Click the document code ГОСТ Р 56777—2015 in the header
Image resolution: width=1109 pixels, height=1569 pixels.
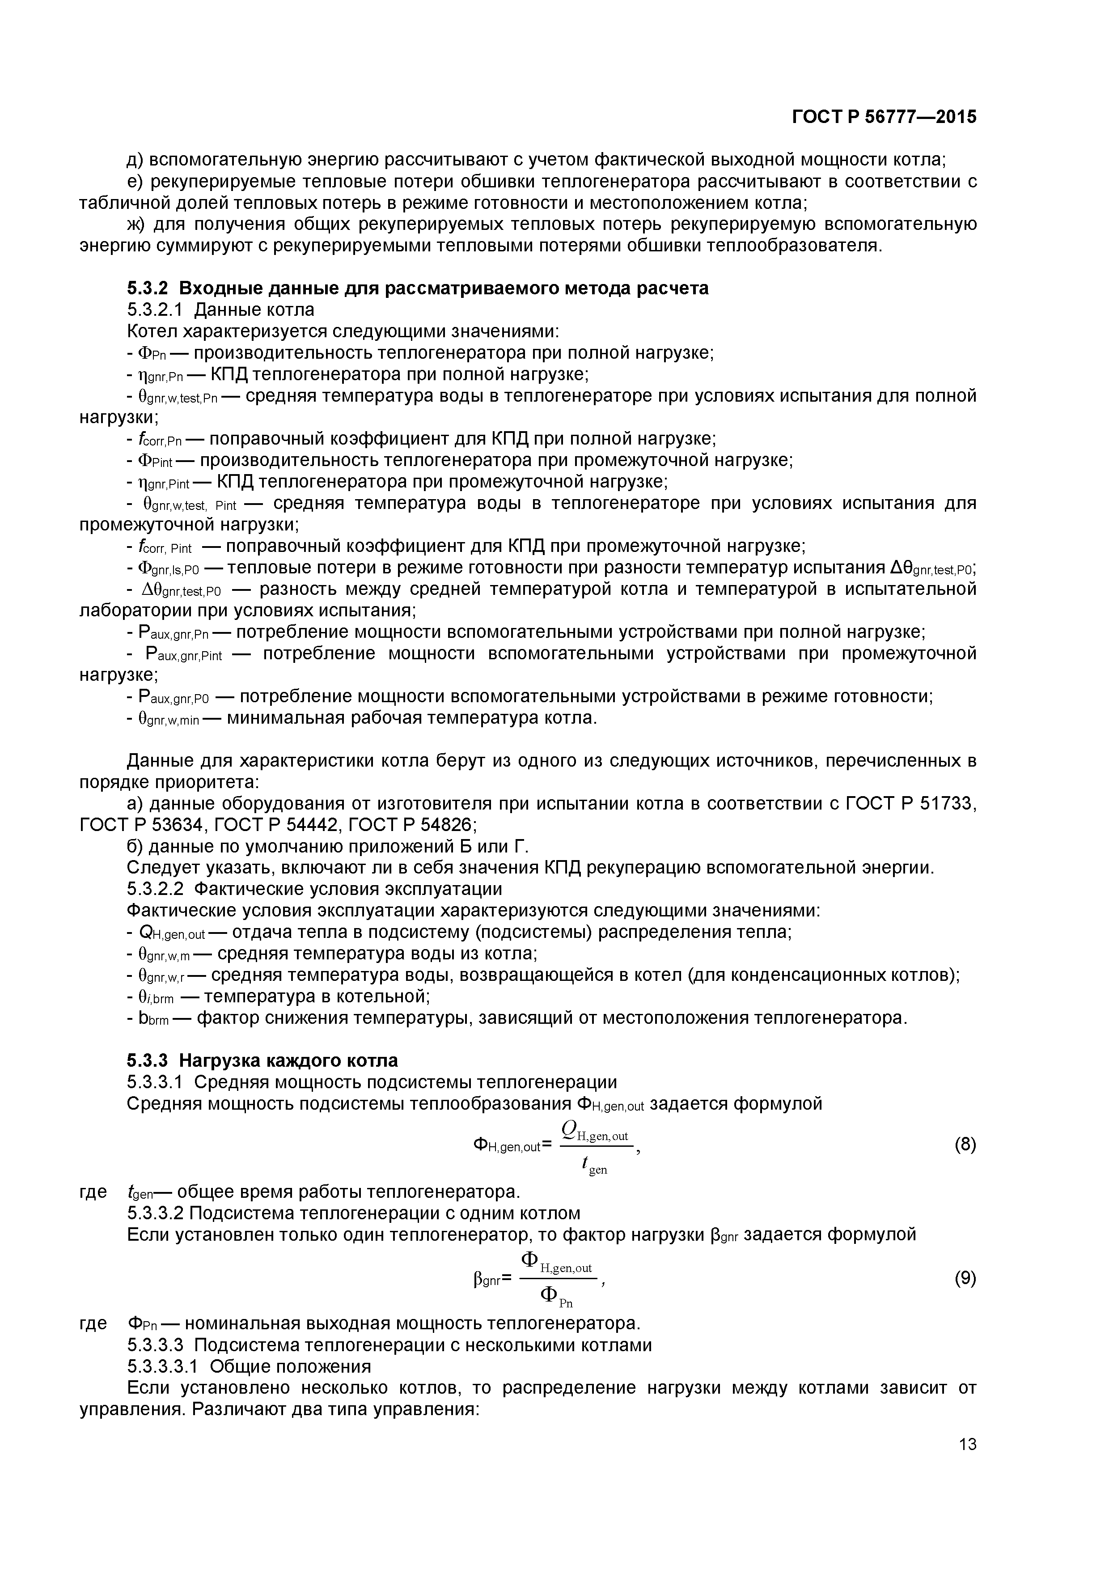pos(884,117)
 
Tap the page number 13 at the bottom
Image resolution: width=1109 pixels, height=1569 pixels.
pos(967,1444)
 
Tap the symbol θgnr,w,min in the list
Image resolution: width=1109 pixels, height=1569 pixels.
pos(168,719)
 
